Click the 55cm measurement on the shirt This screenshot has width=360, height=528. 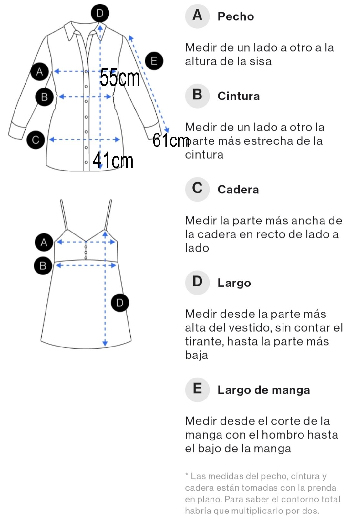120,77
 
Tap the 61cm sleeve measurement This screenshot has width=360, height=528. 171,140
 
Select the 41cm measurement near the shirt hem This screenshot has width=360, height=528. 113,160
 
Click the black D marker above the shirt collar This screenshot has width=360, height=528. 100,13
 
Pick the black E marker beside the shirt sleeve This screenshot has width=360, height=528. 154,61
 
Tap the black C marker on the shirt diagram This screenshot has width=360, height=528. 36,140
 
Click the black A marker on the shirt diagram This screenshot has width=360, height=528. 40,72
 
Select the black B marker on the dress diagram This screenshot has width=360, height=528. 43,266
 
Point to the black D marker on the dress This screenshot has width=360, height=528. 120,303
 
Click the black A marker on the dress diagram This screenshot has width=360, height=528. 44,242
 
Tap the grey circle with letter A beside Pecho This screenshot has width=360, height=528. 197,16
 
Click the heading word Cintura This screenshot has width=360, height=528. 238,96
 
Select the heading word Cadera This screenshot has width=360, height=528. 238,190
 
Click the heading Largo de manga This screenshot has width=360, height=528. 264,390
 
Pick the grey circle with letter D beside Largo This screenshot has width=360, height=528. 197,282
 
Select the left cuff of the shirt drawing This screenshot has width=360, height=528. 17,130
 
